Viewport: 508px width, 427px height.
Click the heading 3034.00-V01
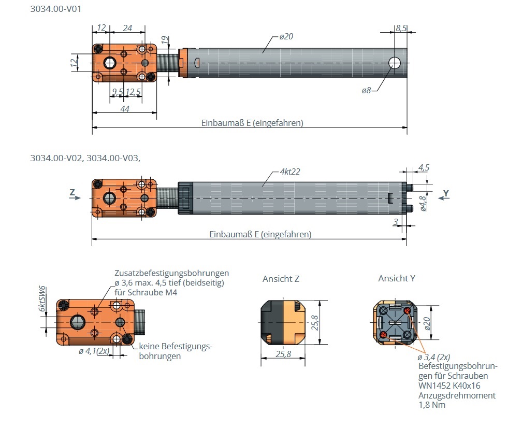tap(56, 9)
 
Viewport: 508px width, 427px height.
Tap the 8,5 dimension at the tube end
tap(401, 29)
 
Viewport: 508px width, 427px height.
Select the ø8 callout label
tap(366, 91)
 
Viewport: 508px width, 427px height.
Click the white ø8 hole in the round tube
tap(395, 63)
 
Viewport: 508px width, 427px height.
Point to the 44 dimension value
tap(124, 108)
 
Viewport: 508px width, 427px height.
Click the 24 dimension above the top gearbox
tap(127, 28)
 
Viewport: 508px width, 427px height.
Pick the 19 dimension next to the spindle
tap(164, 39)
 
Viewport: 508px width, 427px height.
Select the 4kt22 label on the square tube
tap(289, 172)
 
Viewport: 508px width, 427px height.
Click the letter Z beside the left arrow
tap(72, 193)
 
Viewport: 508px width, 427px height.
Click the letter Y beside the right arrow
tap(446, 193)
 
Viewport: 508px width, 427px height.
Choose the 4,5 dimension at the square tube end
tap(423, 167)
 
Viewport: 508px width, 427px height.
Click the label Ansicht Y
tap(396, 279)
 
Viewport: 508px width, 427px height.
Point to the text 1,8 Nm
tap(431, 405)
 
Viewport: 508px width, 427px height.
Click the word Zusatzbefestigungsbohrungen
tap(171, 273)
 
